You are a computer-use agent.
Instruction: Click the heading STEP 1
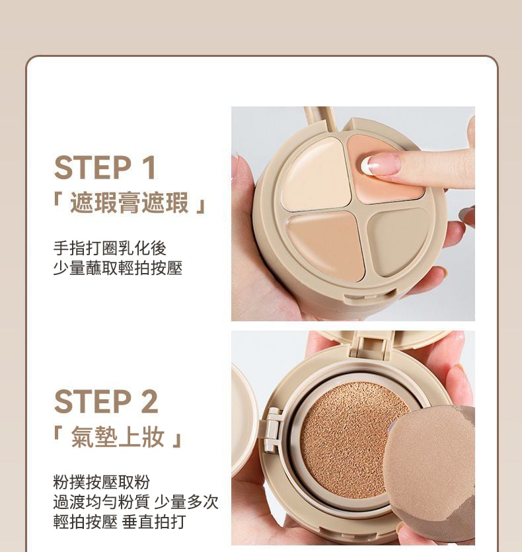105,167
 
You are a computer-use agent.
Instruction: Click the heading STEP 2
106,402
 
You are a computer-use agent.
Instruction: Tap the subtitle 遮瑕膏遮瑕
130,203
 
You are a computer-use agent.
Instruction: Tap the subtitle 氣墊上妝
118,437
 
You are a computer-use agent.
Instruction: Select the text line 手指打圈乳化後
110,248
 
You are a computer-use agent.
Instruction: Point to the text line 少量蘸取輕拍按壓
118,268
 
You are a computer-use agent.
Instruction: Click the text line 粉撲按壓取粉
101,482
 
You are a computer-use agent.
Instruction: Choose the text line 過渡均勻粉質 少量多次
136,502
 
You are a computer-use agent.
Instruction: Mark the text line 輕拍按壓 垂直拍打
120,522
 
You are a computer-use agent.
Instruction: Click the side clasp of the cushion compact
272,430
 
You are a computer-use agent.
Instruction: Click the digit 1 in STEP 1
148,167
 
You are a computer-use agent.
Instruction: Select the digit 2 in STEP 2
149,402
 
